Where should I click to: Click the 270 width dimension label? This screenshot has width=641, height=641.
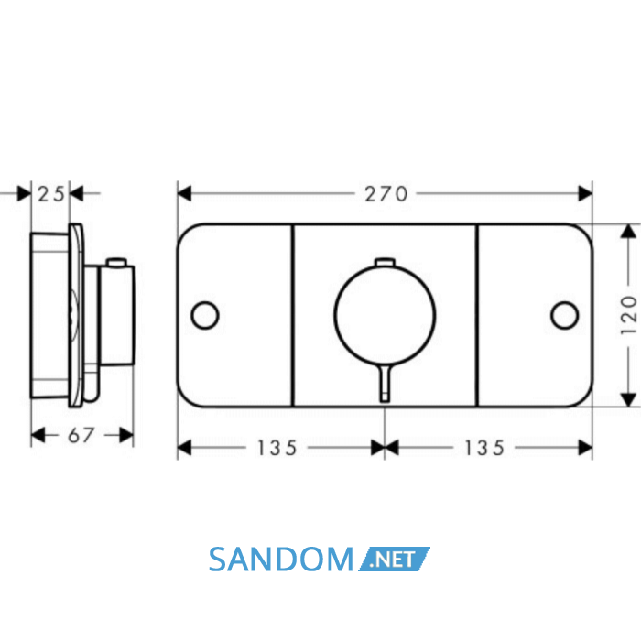386,194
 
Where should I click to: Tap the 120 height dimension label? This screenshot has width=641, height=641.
629,315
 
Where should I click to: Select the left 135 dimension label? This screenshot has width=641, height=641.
277,448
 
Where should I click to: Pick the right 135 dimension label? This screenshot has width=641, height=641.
484,448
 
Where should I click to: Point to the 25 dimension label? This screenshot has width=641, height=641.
50,194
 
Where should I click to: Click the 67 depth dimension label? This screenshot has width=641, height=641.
81,435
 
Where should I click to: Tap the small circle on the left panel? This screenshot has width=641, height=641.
205,315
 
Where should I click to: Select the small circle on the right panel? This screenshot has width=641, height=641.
565,315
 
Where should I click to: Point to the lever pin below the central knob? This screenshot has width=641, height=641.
385,383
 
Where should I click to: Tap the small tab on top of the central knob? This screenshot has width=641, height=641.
385,262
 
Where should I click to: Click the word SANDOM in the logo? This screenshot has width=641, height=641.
281,560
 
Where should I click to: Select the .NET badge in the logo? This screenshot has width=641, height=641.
394,559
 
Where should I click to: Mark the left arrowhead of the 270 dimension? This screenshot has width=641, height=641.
184,193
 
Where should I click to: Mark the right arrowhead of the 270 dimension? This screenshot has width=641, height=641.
585,193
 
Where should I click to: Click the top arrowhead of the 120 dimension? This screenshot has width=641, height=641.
628,231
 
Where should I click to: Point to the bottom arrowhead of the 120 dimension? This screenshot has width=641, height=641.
628,400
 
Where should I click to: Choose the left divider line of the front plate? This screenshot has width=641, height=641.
293,315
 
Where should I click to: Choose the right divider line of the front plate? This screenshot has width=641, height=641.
477,315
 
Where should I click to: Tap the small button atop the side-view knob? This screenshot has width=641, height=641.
116,262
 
